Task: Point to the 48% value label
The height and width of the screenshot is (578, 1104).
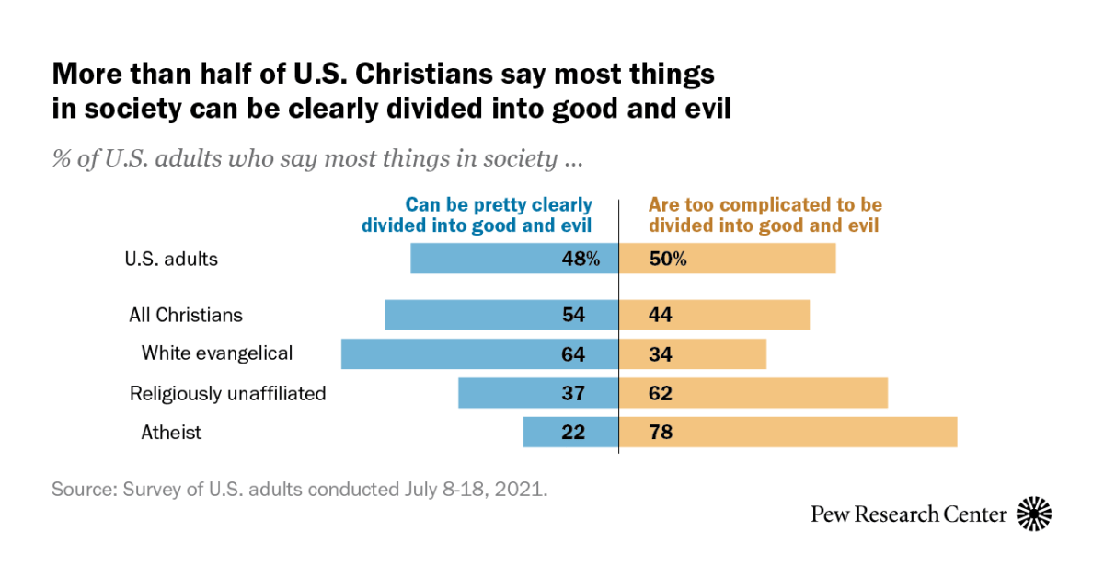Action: [581, 259]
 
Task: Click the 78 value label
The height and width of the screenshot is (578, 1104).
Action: [661, 433]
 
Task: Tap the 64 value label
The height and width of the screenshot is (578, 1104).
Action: [573, 354]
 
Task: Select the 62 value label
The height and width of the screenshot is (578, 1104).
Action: [661, 393]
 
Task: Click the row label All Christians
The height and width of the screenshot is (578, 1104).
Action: [186, 315]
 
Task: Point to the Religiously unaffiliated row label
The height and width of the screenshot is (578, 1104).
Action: [227, 394]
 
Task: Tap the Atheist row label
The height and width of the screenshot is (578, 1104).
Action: [171, 433]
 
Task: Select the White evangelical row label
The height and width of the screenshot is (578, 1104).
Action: [217, 353]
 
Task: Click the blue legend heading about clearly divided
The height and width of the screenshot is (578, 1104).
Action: [477, 215]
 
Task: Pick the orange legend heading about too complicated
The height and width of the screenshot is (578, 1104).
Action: [765, 215]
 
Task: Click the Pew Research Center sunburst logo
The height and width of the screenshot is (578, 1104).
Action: [1034, 514]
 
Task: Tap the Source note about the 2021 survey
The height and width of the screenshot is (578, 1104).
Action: [300, 489]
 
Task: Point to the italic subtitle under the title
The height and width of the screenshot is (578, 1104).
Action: [317, 159]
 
